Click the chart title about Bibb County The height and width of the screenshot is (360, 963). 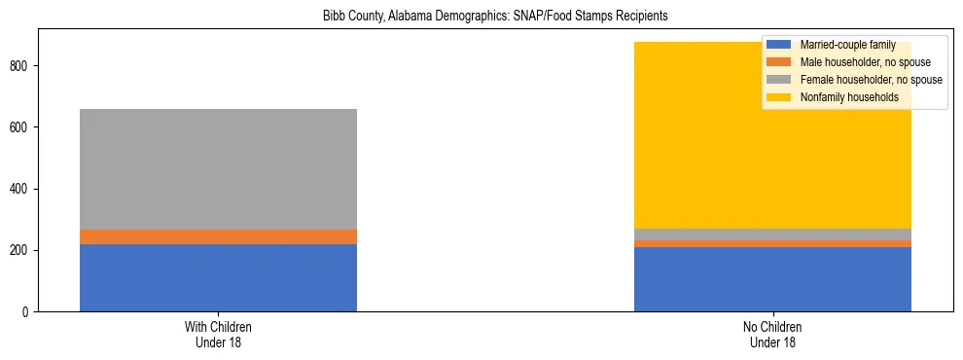coord(481,17)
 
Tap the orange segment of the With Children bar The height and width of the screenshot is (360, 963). coord(218,236)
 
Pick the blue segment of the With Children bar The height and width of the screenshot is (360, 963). coord(218,277)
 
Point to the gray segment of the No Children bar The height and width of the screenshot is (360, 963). coord(772,234)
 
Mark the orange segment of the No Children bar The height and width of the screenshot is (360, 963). coord(772,243)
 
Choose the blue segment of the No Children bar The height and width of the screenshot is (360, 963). coord(772,279)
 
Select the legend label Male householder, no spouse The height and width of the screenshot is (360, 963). coord(859,62)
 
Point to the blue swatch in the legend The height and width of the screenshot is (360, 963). coord(780,45)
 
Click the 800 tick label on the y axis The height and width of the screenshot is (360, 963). coord(20,65)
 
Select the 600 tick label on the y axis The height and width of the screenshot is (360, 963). coord(20,126)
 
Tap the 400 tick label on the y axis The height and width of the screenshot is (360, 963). coord(20,189)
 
